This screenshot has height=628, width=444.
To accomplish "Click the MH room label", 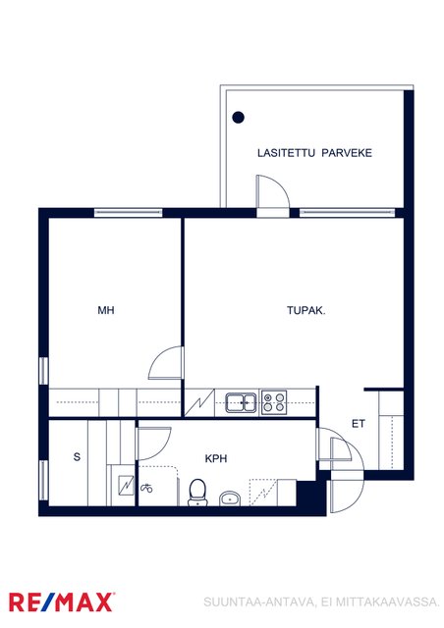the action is click(106, 310).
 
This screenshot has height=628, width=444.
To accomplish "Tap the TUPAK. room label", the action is click(306, 310).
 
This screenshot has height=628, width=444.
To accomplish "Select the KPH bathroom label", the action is click(216, 458).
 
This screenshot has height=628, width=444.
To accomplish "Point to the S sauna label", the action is click(77, 456).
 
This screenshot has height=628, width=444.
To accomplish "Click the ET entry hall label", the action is click(359, 423).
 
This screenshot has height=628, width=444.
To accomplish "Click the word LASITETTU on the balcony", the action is click(286, 153).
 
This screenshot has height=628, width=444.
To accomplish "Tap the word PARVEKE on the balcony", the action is click(347, 153).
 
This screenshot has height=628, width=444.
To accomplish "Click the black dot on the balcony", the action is click(239, 118).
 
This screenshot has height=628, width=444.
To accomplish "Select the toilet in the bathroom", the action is click(196, 493).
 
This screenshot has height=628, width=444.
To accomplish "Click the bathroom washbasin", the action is click(230, 498).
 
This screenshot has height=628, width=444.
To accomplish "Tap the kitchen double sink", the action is click(241, 402).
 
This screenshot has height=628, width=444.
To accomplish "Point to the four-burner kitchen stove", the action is click(274, 402).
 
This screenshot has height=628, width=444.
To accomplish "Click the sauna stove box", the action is click(127, 486).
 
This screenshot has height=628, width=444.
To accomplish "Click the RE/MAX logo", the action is click(61, 602).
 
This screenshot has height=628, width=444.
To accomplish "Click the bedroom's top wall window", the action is click(129, 213).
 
